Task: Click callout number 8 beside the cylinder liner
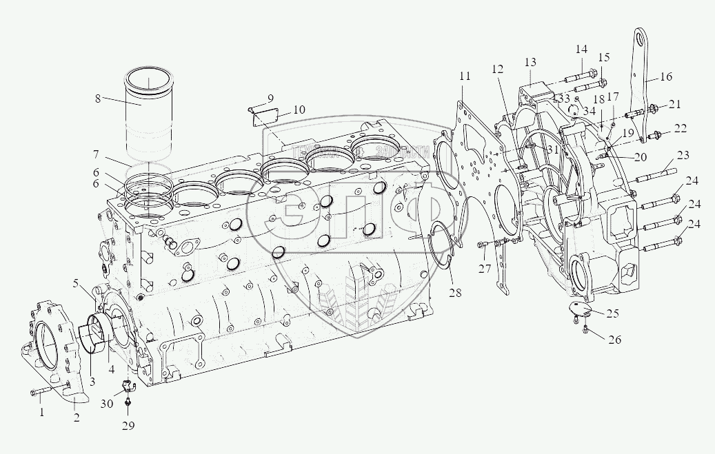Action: point(98,99)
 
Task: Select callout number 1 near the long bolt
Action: point(41,413)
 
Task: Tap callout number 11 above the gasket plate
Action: point(464,75)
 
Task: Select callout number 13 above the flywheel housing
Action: point(530,63)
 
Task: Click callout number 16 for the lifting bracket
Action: point(665,78)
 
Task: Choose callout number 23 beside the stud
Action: point(683,154)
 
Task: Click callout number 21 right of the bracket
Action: point(674,104)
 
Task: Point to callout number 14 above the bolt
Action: point(581,50)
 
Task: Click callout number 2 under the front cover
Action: point(76,417)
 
